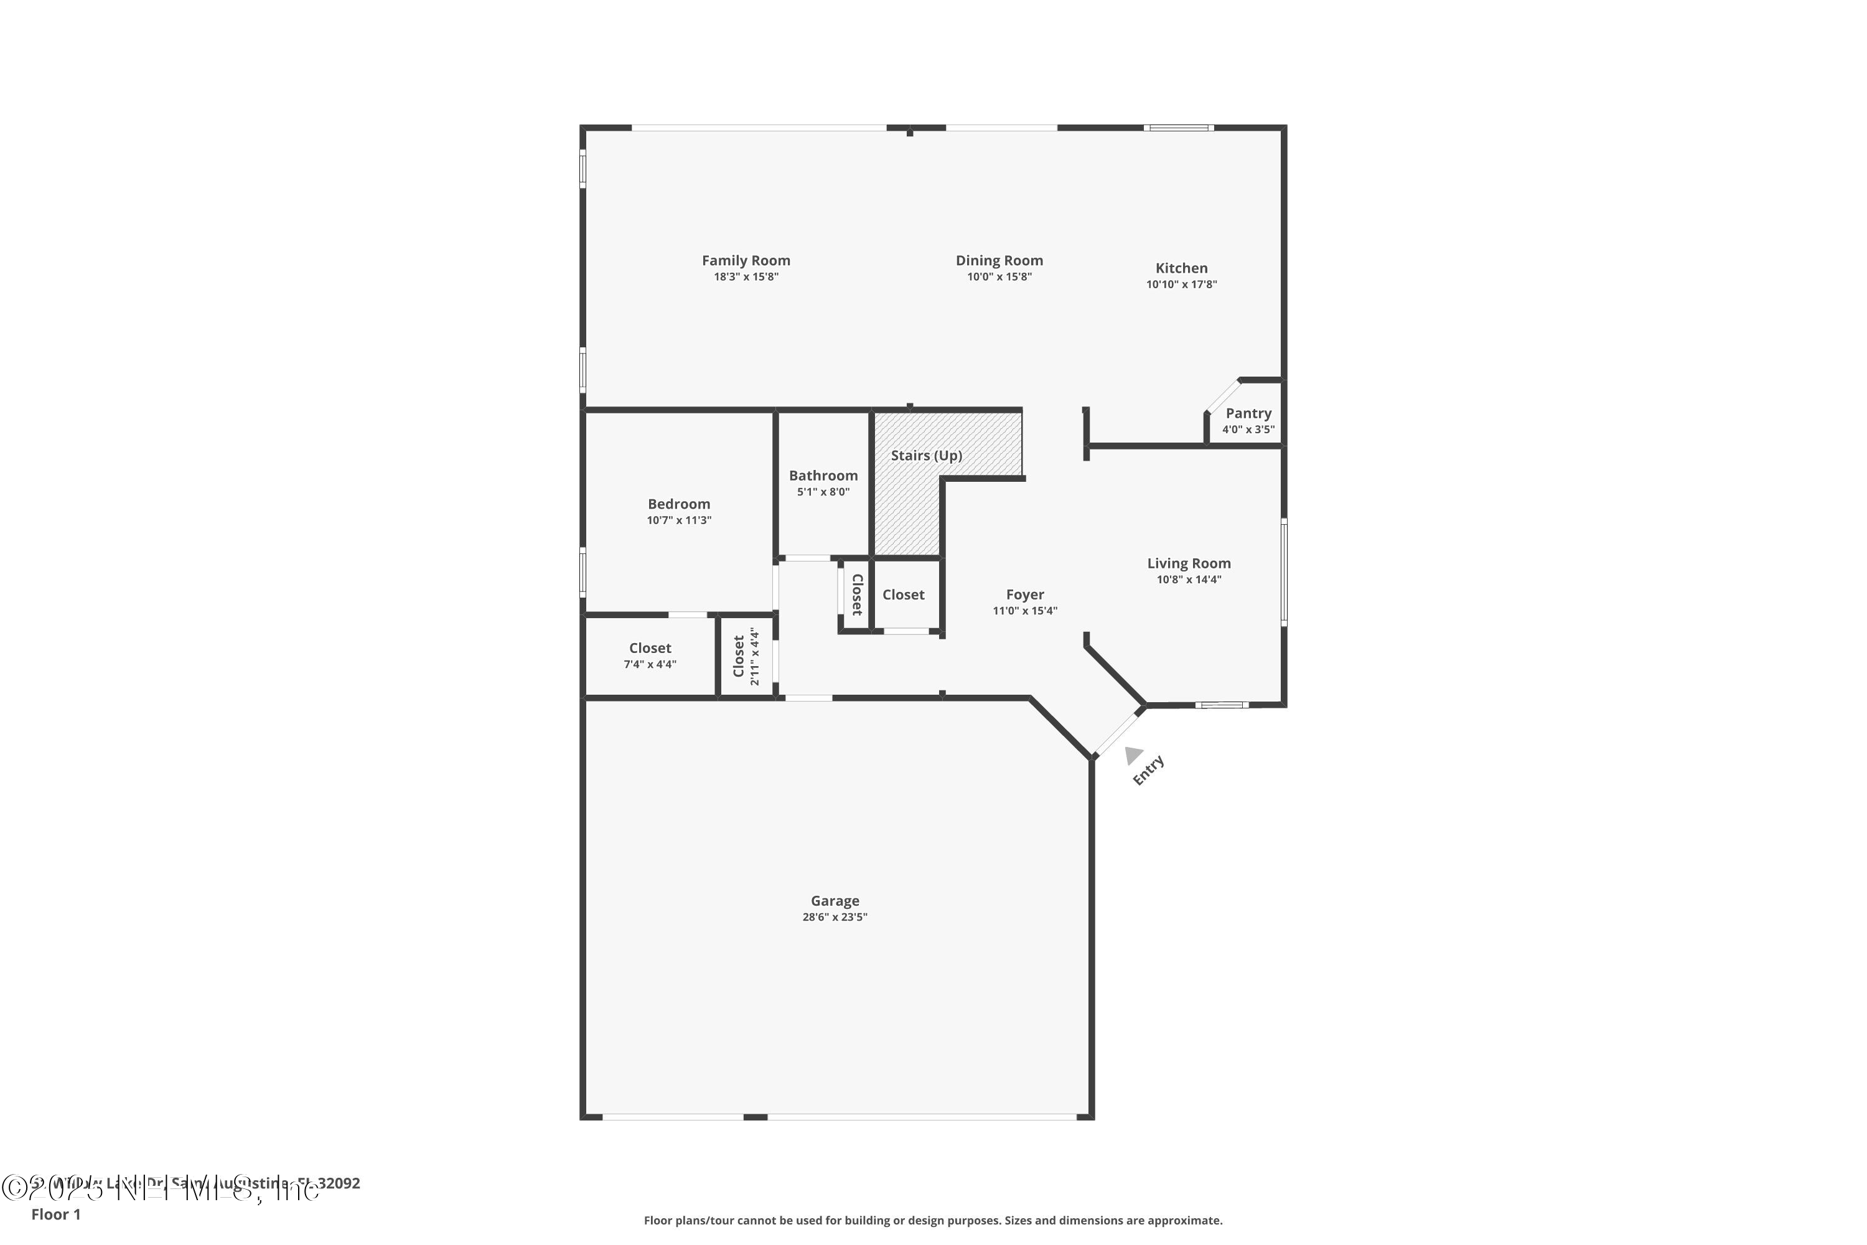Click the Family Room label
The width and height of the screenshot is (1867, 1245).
(x=746, y=260)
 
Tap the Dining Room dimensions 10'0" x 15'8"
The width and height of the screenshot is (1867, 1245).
(x=999, y=277)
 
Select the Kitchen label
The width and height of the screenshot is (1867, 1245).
(x=1181, y=268)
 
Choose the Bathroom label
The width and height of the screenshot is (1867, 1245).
(x=823, y=476)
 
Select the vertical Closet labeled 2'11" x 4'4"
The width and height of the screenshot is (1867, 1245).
(x=746, y=657)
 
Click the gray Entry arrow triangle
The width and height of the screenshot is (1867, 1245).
(x=1133, y=755)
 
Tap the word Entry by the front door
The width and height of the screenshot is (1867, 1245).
(x=1148, y=770)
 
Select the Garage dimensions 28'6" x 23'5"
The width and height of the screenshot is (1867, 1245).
(x=835, y=917)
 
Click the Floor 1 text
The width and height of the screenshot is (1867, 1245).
(x=55, y=1214)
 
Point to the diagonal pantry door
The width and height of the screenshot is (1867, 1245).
(x=1222, y=395)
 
